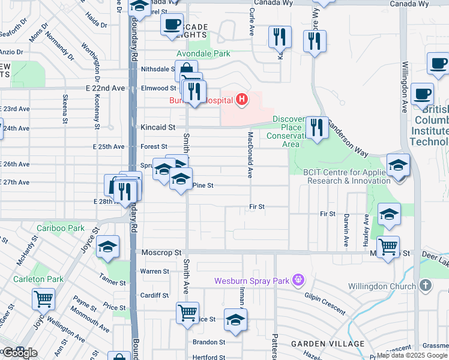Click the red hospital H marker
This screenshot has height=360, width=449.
coord(241,99)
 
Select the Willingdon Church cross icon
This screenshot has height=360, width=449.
coord(426,286)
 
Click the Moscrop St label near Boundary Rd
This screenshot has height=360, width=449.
coord(161,253)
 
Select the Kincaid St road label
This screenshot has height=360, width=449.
coord(158,127)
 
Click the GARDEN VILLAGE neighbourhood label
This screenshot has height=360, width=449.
coord(328,344)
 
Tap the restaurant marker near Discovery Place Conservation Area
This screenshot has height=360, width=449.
coord(316,127)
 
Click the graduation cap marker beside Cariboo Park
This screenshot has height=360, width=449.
coord(108,247)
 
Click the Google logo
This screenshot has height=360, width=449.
coord(18,353)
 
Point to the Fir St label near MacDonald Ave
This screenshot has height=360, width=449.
coord(258,206)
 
